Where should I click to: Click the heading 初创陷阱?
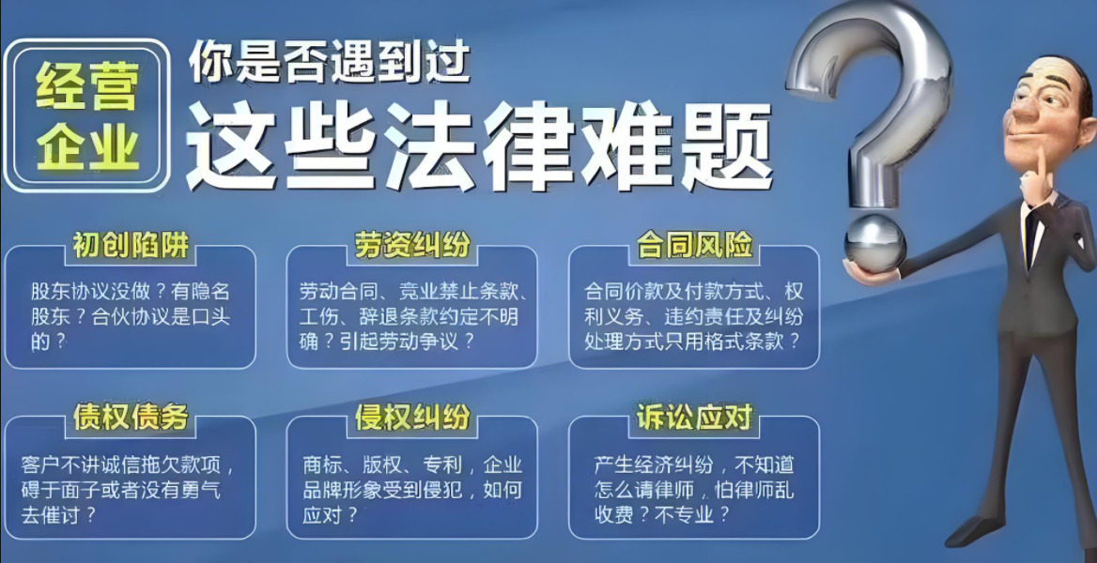pyautogui.click(x=131, y=246)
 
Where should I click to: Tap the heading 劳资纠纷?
pyautogui.click(x=412, y=246)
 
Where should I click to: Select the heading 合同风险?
pyautogui.click(x=694, y=246)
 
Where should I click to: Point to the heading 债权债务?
pyautogui.click(x=131, y=418)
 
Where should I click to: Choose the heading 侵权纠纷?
pyautogui.click(x=412, y=418)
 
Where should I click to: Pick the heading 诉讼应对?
pyautogui.click(x=694, y=418)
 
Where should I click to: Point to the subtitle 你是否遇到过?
pyautogui.click(x=329, y=64)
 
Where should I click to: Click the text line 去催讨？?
pyautogui.click(x=59, y=515)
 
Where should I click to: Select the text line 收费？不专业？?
pyautogui.click(x=662, y=515)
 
